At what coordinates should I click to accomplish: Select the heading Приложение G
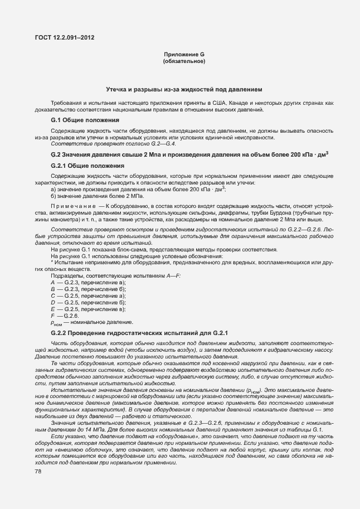tap(184, 54)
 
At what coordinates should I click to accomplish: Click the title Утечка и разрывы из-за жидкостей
tap(184, 89)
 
